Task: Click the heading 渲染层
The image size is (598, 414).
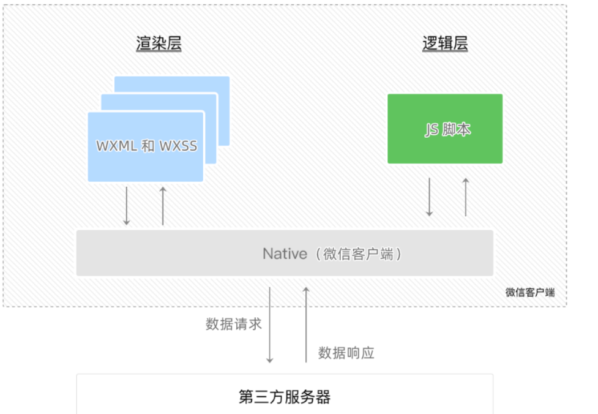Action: point(159,44)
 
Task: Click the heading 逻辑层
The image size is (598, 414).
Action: point(445,44)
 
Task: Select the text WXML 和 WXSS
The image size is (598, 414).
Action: point(146,146)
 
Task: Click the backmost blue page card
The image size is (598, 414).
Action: point(223,86)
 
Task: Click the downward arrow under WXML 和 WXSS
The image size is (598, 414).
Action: point(127,205)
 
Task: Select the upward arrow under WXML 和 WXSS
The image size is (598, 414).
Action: point(163,205)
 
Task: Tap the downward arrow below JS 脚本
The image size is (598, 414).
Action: point(429,197)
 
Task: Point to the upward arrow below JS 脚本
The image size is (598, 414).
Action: point(465,197)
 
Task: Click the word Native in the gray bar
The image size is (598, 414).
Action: point(285,254)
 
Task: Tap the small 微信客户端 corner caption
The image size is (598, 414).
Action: point(530,293)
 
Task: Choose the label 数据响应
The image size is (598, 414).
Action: point(346,353)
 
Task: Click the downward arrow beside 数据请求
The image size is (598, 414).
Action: point(270,325)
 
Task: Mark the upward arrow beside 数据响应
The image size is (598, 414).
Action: point(307,325)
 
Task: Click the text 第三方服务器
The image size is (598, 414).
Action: point(285,397)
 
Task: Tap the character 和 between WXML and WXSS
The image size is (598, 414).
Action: point(147,146)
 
